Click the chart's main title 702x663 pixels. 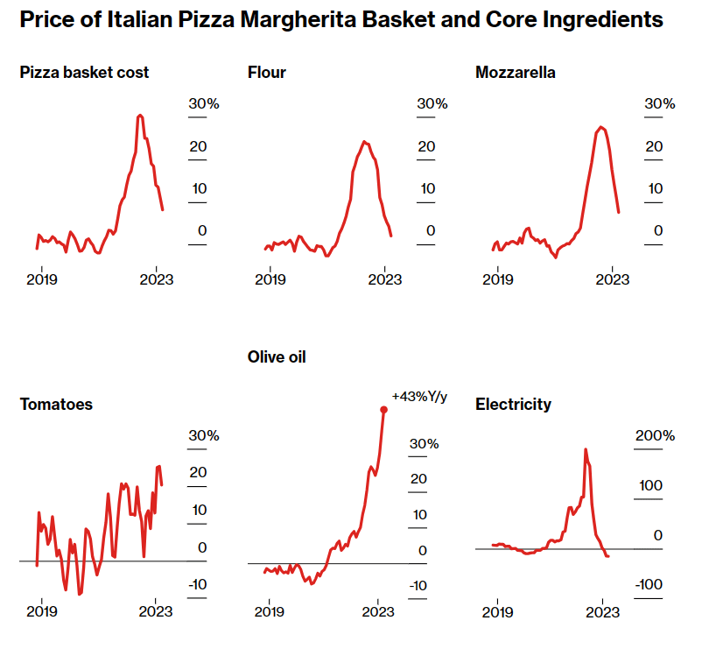(340, 20)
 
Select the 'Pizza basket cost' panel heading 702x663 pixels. (84, 73)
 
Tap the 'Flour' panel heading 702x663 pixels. (267, 73)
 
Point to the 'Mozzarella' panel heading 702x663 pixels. (516, 73)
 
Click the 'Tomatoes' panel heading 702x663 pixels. (56, 405)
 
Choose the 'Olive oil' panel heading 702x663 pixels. (277, 357)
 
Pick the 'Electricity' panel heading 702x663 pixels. (513, 405)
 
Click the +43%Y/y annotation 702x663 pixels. (418, 396)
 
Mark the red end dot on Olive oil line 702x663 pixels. (383, 409)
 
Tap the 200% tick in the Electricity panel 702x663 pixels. (655, 436)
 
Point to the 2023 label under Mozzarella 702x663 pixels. (613, 280)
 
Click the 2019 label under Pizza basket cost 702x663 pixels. (42, 280)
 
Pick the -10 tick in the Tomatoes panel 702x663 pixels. (197, 585)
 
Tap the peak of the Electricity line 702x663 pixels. (585, 449)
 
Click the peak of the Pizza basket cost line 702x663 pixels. (140, 116)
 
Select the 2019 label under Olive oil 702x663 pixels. (270, 612)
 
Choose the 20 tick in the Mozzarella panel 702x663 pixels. (654, 146)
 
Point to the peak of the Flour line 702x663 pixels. (365, 141)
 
